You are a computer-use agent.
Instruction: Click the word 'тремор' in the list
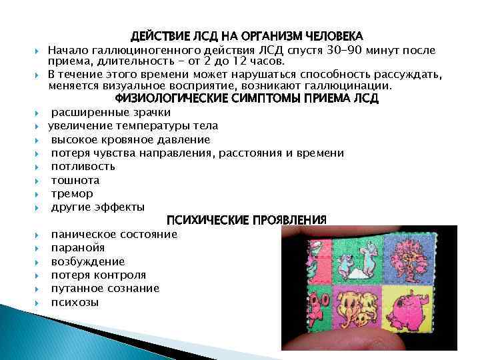click(72, 193)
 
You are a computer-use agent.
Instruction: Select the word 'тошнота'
click(75, 180)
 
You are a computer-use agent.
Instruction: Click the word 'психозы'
click(75, 302)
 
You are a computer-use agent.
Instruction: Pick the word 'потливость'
click(83, 167)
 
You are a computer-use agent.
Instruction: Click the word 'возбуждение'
click(87, 261)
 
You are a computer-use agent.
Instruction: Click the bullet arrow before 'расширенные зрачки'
click(41, 113)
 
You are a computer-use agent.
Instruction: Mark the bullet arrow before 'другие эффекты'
click(41, 208)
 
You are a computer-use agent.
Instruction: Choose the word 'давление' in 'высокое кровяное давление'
click(187, 139)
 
